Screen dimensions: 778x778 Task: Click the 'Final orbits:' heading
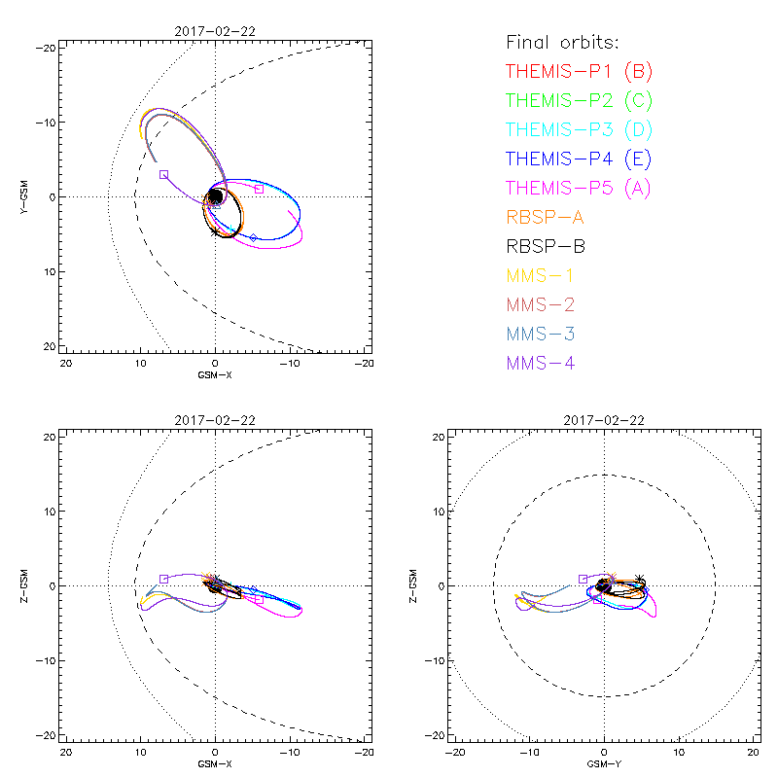(562, 42)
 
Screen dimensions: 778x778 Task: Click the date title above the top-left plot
(215, 32)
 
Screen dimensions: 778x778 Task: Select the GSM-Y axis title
(604, 763)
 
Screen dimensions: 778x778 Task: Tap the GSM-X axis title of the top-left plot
(215, 374)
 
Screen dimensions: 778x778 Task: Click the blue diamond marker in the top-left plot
(254, 237)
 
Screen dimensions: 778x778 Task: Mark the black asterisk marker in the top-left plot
(215, 230)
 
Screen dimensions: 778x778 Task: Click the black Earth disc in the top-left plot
(215, 196)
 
